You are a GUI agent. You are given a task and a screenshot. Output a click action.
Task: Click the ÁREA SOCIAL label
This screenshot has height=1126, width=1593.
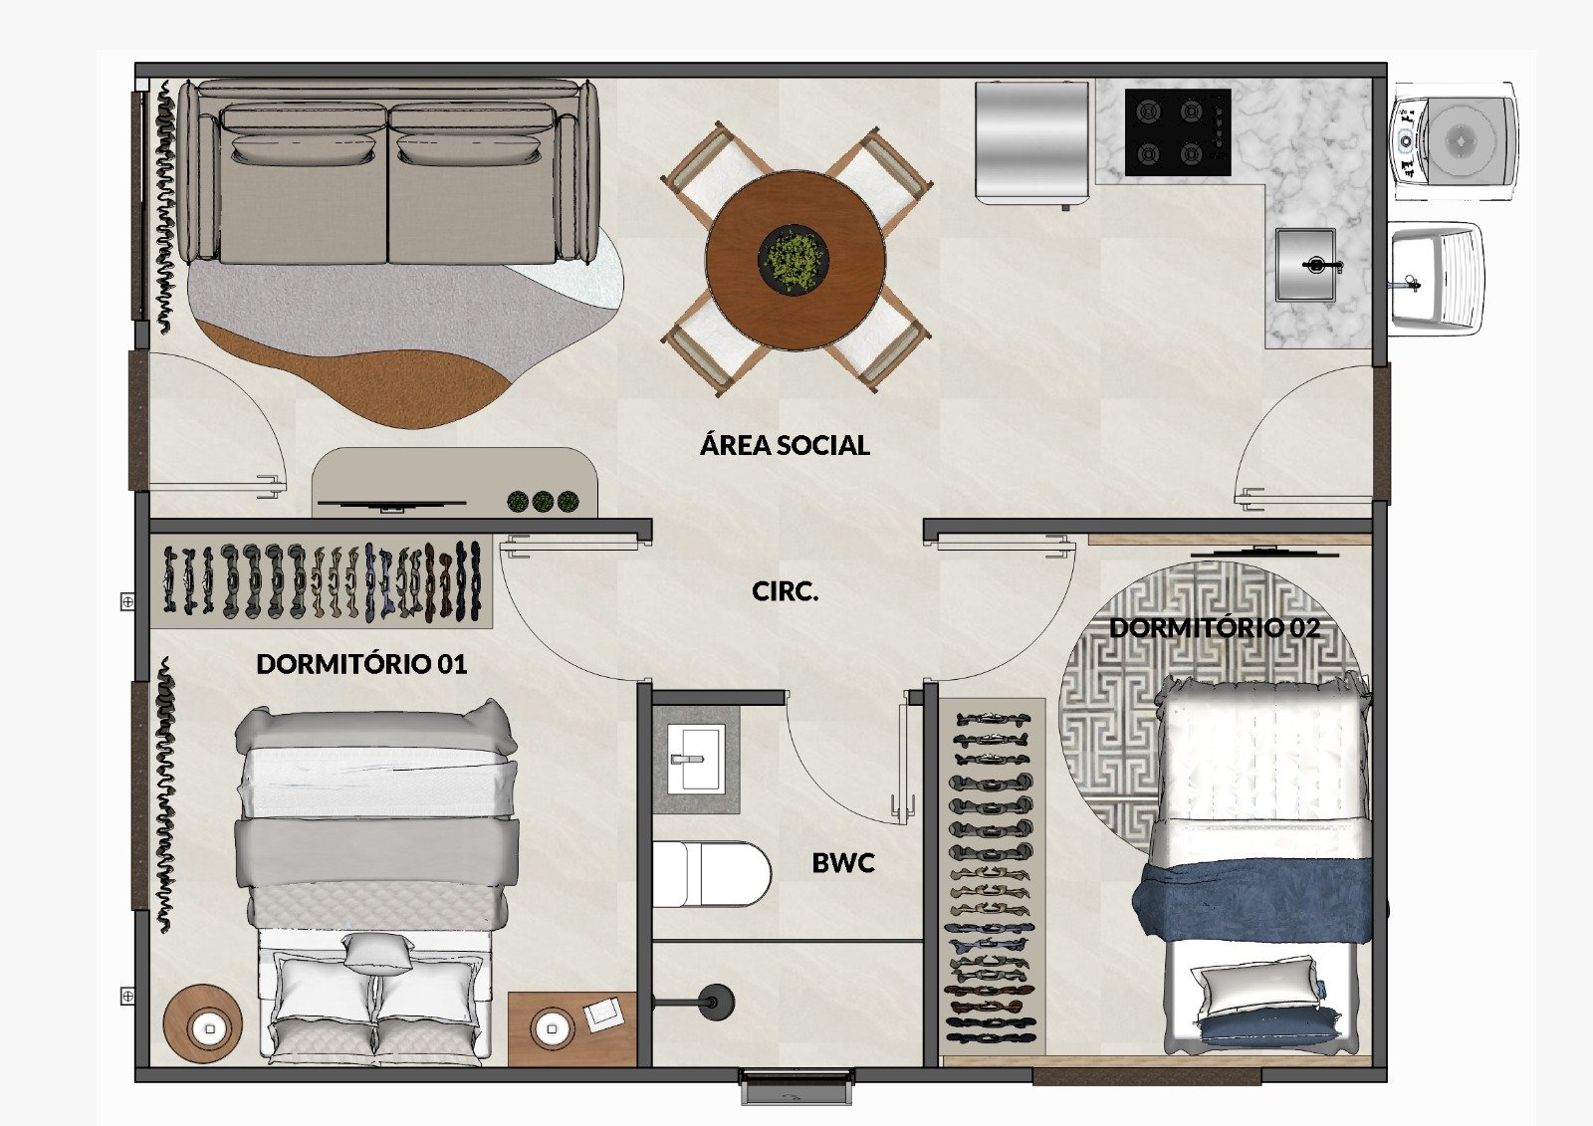point(785,445)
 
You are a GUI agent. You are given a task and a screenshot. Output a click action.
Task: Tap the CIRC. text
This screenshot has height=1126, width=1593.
point(786,591)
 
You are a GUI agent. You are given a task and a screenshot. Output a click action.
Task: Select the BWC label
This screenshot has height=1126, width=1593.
point(842,863)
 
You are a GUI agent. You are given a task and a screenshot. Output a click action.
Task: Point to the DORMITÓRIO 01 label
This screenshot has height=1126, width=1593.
point(361,664)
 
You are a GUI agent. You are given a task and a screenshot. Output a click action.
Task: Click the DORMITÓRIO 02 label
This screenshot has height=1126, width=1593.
point(1215,627)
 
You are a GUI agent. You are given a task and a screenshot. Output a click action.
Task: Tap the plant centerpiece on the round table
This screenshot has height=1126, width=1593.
point(794,255)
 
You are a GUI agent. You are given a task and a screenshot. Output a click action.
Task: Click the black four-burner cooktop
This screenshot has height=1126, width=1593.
point(1178,132)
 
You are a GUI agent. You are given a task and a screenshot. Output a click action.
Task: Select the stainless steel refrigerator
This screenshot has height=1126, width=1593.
point(1031,143)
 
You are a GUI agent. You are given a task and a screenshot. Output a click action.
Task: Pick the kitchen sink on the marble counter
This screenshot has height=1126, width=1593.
point(1305,264)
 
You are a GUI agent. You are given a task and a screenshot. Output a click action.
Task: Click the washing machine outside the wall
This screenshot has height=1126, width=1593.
point(1455,141)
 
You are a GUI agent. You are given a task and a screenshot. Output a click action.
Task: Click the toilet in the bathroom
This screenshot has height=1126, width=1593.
point(711,873)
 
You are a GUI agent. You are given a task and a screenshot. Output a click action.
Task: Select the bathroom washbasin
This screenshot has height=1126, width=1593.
point(696,759)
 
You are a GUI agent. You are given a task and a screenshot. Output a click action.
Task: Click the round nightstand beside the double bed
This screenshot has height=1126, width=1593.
point(203,1024)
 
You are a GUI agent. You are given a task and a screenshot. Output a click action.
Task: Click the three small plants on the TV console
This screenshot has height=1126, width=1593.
point(543,502)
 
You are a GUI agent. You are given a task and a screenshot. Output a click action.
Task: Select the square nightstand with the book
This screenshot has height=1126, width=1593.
point(572,1028)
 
